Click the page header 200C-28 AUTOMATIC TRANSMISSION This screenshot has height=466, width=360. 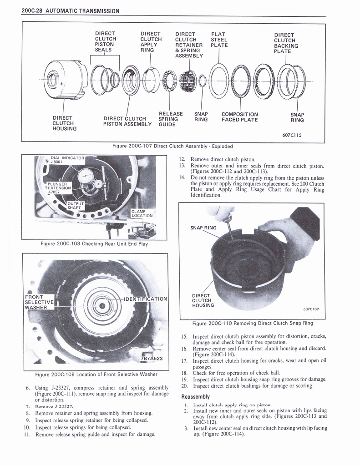pyautogui.click(x=71, y=10)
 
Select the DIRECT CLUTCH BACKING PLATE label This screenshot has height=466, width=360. pyautogui.click(x=286, y=43)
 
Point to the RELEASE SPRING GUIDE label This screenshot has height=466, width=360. pyautogui.click(x=171, y=119)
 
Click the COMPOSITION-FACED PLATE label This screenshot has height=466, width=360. pyautogui.click(x=240, y=117)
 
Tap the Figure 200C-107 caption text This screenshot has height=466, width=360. pyautogui.click(x=172, y=146)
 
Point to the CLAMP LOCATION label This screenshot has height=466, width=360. pyautogui.click(x=142, y=213)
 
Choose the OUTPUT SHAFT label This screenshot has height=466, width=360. pyautogui.click(x=76, y=205)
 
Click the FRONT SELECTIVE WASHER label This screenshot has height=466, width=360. pyautogui.click(x=39, y=302)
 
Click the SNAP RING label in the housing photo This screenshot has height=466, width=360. pyautogui.click(x=203, y=228)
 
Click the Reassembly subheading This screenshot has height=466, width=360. pyautogui.click(x=195, y=396)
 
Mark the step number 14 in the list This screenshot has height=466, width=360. pyautogui.click(x=182, y=177)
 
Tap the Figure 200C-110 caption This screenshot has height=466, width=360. pyautogui.click(x=253, y=324)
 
